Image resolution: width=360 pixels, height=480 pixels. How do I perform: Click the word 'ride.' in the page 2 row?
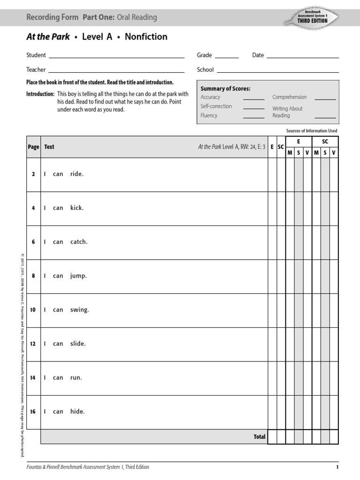pyautogui.click(x=77, y=174)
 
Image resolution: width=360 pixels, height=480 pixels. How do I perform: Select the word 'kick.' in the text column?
pyautogui.click(x=77, y=208)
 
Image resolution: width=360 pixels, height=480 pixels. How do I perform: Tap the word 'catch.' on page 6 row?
pyautogui.click(x=79, y=242)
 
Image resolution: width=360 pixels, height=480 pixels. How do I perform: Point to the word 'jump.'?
pyautogui.click(x=78, y=276)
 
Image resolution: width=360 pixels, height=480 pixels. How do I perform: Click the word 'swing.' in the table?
pyautogui.click(x=79, y=310)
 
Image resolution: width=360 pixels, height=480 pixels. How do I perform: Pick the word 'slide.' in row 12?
pyautogui.click(x=78, y=344)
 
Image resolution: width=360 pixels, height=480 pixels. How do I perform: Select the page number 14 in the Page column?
pyautogui.click(x=33, y=378)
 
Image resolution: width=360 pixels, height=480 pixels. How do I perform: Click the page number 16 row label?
pyautogui.click(x=33, y=412)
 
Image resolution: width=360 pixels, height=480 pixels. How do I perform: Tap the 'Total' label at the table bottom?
pyautogui.click(x=259, y=436)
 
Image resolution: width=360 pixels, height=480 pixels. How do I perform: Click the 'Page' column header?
pyautogui.click(x=33, y=147)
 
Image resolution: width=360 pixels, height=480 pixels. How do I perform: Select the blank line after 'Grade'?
pyautogui.click(x=227, y=57)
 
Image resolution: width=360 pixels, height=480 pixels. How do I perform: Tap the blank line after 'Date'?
pyautogui.click(x=302, y=57)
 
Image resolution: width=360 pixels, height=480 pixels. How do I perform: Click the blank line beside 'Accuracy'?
pyautogui.click(x=254, y=99)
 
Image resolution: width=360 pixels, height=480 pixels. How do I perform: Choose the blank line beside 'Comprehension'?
pyautogui.click(x=325, y=99)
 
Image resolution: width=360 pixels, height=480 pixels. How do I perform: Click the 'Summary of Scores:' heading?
pyautogui.click(x=225, y=89)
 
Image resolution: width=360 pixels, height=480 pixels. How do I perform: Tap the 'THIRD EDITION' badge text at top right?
pyautogui.click(x=312, y=21)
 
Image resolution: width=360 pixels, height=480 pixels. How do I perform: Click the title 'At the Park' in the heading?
pyautogui.click(x=48, y=37)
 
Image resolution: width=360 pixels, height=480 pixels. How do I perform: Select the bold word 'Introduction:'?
pyautogui.click(x=40, y=94)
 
